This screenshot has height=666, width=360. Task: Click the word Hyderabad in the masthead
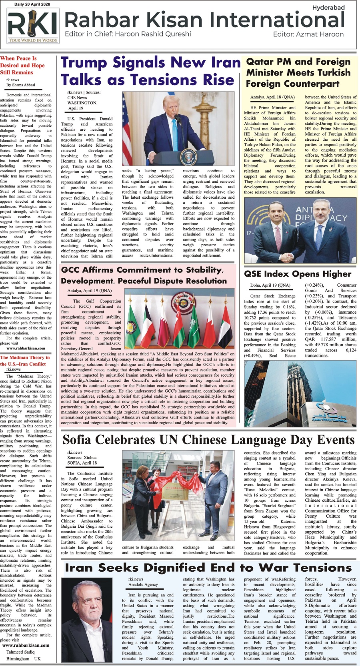click(328, 8)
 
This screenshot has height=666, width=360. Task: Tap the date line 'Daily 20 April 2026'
click(32, 4)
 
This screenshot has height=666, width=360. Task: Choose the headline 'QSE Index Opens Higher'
click(298, 274)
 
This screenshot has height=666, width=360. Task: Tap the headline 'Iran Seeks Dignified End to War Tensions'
click(208, 568)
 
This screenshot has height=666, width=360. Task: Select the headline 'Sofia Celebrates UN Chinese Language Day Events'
click(208, 440)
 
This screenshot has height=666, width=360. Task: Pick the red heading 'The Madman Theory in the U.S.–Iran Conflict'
click(25, 361)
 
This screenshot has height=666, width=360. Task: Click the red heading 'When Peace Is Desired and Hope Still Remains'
click(22, 65)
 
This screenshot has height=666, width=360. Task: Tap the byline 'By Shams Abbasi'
click(21, 85)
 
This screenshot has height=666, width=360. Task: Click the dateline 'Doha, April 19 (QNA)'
click(270, 285)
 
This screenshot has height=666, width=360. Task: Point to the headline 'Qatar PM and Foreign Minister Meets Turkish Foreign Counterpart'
click(298, 73)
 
